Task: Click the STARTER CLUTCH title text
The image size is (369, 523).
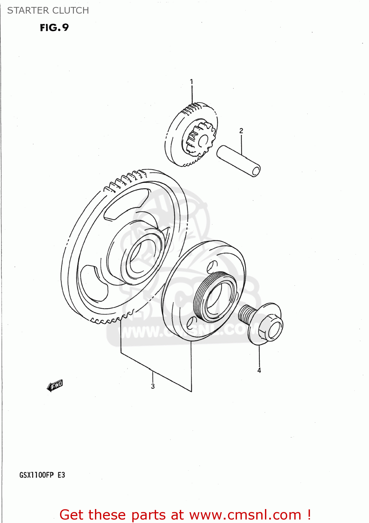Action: [48, 10]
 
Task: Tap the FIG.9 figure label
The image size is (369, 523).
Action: [54, 28]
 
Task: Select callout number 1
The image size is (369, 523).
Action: [191, 82]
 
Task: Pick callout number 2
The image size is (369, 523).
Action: [241, 131]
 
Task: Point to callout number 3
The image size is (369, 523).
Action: [153, 386]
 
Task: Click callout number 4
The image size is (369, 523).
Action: [259, 370]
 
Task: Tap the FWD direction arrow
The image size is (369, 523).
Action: [55, 386]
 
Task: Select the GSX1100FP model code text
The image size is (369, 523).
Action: [37, 475]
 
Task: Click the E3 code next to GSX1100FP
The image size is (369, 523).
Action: [61, 475]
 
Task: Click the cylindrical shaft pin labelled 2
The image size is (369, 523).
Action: [238, 161]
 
